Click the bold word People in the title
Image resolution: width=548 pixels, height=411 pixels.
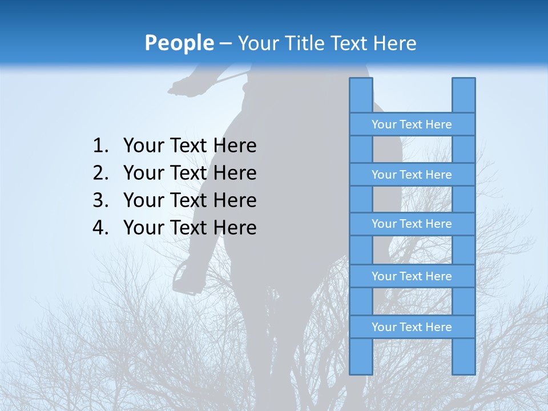tap(179, 43)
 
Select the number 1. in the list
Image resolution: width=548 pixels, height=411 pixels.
tap(100, 146)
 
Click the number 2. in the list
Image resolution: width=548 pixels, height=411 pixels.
tap(100, 173)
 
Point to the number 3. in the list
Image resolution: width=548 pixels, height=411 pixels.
tap(100, 200)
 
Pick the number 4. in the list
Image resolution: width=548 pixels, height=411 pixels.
tap(100, 228)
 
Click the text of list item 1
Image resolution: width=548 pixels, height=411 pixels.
tap(190, 146)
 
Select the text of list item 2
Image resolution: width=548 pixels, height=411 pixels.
tap(190, 173)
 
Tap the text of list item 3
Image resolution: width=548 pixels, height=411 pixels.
tap(190, 200)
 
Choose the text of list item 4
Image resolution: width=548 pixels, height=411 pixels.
tap(190, 228)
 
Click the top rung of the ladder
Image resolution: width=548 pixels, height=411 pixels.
tap(412, 124)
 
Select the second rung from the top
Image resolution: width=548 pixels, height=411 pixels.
tap(412, 175)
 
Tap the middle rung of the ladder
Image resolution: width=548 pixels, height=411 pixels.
tap(412, 224)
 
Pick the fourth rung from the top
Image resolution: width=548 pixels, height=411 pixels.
tap(412, 276)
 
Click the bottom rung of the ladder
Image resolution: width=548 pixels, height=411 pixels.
tap(412, 327)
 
